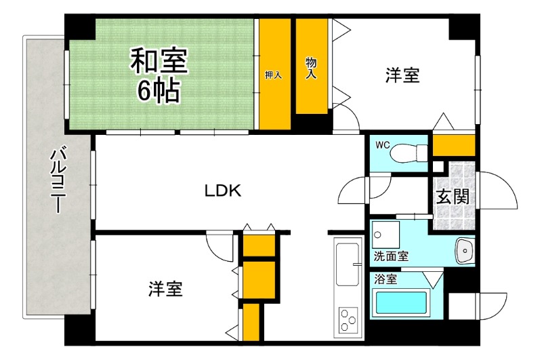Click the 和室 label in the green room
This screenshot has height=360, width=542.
160,61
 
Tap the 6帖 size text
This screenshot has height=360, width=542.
160,90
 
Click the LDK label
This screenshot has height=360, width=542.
223,191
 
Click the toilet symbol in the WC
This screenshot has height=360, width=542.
407,153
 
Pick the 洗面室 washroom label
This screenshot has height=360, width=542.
391,256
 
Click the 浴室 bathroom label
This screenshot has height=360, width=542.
385,278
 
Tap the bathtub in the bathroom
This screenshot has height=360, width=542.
400,304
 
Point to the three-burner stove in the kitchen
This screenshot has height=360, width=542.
350,320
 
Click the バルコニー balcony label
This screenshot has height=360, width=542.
57,179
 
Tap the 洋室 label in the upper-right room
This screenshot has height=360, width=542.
402,75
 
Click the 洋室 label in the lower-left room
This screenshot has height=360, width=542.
165,289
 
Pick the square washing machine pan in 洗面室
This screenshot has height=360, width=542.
386,235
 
